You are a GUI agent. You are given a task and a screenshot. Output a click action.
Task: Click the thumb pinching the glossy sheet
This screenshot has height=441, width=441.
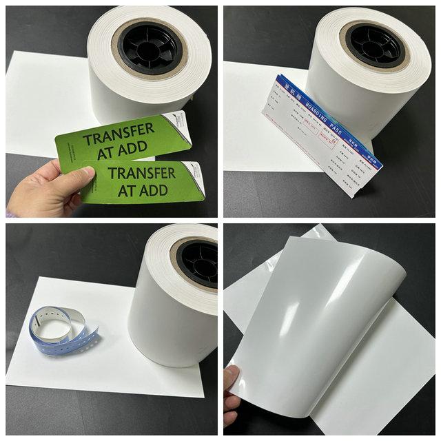[233, 380]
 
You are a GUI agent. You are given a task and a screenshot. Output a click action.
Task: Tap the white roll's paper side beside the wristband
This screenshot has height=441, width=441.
[165, 317]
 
